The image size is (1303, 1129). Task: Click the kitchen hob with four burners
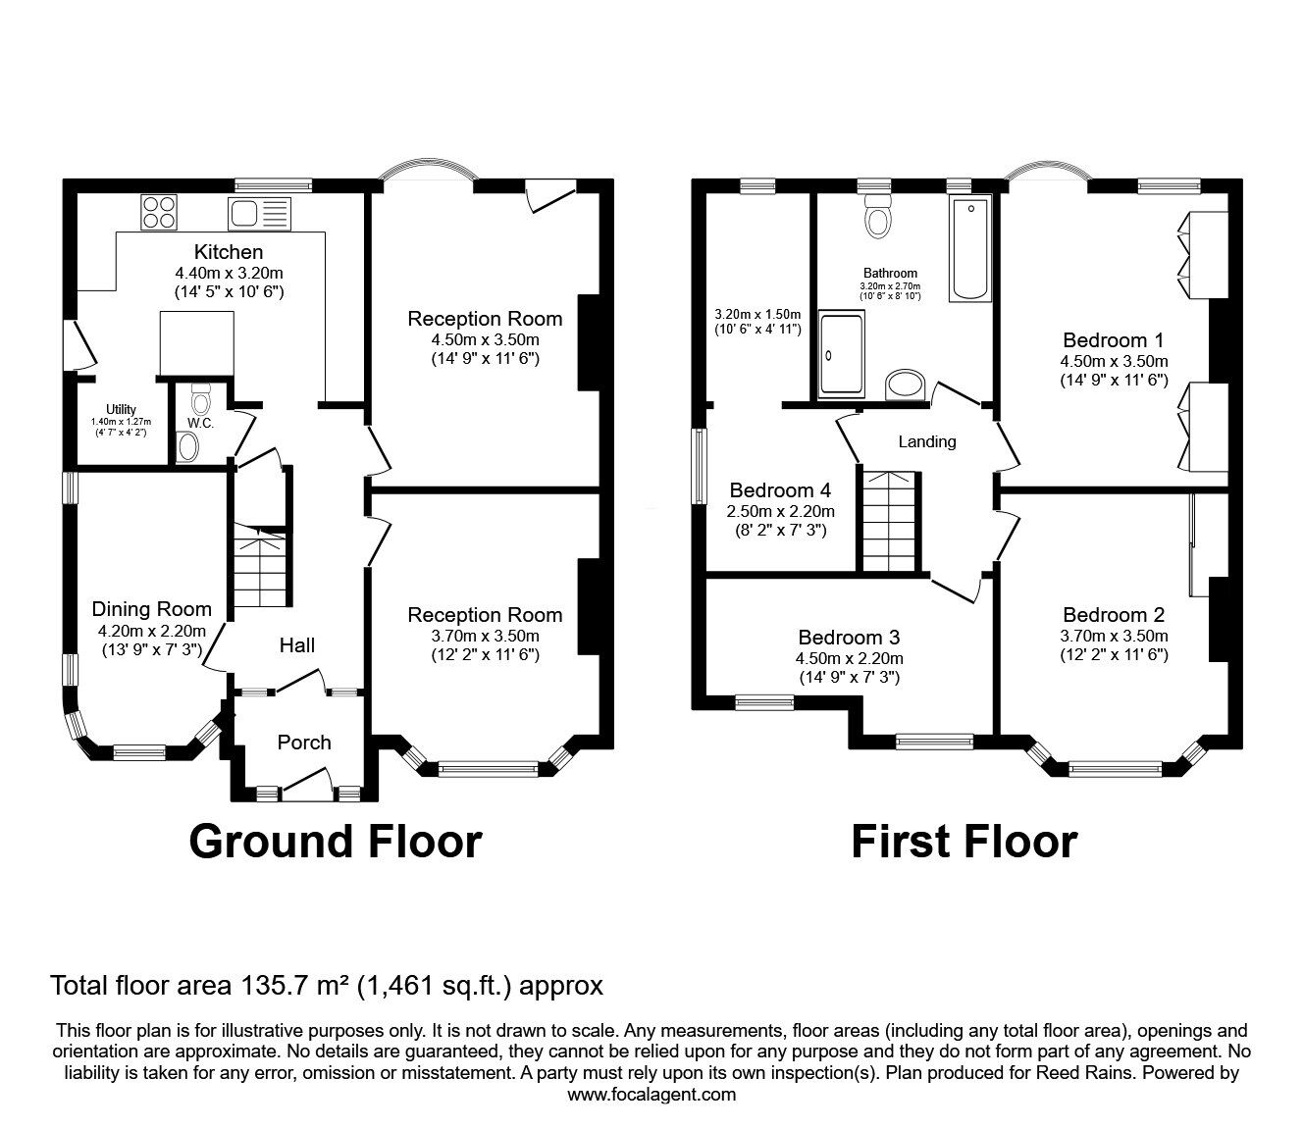(x=160, y=213)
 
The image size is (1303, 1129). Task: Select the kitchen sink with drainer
(x=260, y=213)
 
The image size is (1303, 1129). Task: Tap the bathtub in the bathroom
(x=970, y=249)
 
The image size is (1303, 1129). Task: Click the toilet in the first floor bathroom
(x=878, y=216)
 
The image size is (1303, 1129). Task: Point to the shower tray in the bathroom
(x=842, y=355)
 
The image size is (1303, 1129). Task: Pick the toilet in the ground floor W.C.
(x=200, y=397)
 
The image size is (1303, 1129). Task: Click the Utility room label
(x=121, y=409)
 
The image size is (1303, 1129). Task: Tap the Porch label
(x=304, y=742)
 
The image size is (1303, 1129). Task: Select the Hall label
(x=297, y=644)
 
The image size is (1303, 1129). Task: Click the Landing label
(x=926, y=441)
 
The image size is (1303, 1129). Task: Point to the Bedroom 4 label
(x=780, y=489)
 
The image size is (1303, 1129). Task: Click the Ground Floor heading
(x=336, y=843)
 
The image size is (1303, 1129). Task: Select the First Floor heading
(x=964, y=843)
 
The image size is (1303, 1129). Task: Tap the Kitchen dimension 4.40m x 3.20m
(x=229, y=273)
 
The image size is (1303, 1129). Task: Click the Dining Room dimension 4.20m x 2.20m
(x=152, y=631)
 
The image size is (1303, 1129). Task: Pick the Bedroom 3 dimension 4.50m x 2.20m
(x=849, y=659)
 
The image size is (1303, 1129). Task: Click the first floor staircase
(x=888, y=521)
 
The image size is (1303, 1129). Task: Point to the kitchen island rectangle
(x=196, y=344)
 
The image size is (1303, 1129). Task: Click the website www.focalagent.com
(x=651, y=1095)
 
